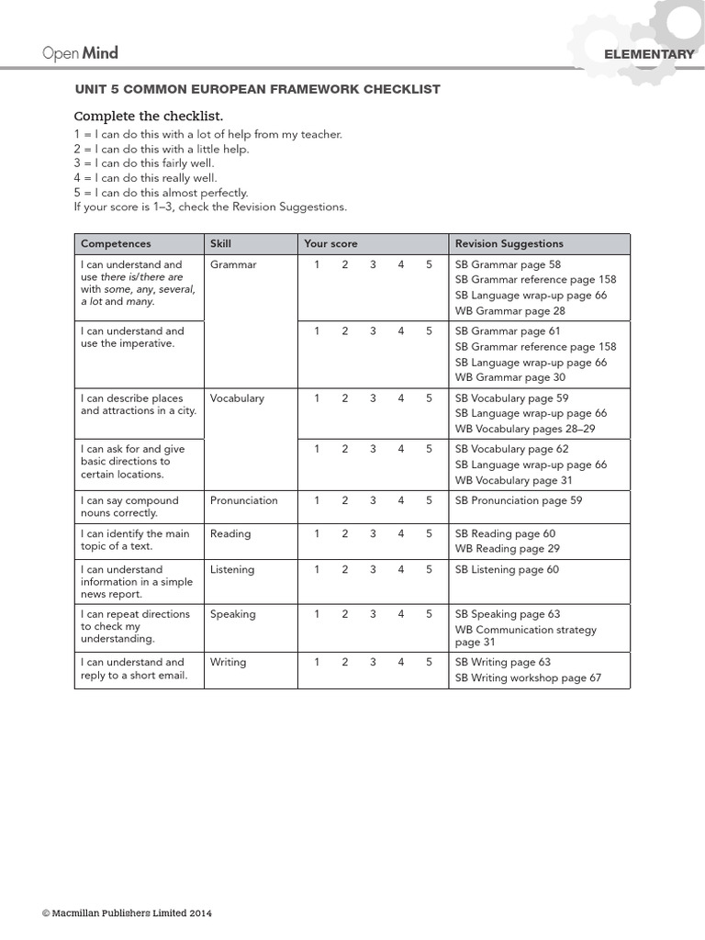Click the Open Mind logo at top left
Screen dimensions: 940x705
[x=80, y=53]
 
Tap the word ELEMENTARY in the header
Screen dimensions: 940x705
[x=649, y=55]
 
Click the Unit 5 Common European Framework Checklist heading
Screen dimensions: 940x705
[x=257, y=89]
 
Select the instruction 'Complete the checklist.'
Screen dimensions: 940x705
[x=148, y=116]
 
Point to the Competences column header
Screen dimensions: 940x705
[x=116, y=243]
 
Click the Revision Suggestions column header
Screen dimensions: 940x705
[x=509, y=243]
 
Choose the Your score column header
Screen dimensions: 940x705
[x=330, y=243]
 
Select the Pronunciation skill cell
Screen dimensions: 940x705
[x=243, y=500]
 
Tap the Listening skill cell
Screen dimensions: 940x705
[x=232, y=569]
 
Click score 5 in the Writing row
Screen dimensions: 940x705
[x=429, y=661]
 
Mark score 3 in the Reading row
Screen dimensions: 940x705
[x=373, y=533]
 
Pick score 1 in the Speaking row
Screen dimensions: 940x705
[x=317, y=614]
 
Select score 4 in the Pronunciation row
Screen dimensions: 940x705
[x=401, y=500]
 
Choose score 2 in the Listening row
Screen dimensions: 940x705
[x=345, y=569]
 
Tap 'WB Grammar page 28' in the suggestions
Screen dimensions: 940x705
[x=509, y=311]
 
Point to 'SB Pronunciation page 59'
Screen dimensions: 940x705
[x=518, y=500]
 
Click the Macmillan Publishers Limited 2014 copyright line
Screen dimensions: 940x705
[x=127, y=913]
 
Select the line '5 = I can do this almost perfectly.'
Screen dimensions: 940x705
[x=161, y=193]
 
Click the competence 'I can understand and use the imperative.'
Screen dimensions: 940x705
[x=132, y=337]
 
